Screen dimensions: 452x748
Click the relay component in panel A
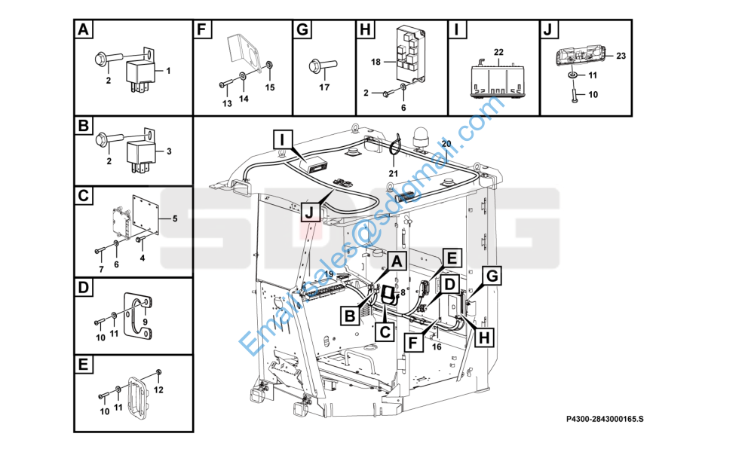point(140,72)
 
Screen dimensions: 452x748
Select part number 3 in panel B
point(169,151)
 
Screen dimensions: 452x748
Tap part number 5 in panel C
point(175,219)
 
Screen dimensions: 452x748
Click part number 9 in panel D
point(146,322)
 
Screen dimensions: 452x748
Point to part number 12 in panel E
point(158,389)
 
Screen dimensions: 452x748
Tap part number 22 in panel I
point(498,51)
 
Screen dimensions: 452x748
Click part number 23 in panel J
point(621,56)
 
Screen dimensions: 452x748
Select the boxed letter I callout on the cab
point(280,139)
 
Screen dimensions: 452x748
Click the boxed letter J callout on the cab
point(309,212)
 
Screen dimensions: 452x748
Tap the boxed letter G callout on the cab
point(492,276)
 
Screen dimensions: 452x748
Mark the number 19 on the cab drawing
point(307,275)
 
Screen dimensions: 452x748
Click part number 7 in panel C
point(101,269)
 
